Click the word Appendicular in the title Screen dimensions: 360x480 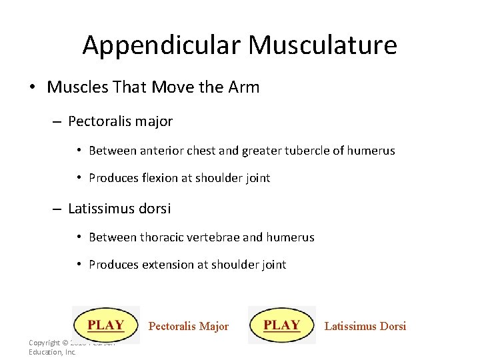[x=161, y=45]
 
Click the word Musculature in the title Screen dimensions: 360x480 [x=323, y=45]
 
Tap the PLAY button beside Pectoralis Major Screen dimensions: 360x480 [x=106, y=325]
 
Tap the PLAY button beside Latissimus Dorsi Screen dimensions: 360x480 [x=282, y=325]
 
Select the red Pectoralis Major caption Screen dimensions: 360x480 [x=188, y=327]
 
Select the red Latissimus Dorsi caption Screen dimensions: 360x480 [x=365, y=326]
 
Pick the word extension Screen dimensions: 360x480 [x=169, y=265]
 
